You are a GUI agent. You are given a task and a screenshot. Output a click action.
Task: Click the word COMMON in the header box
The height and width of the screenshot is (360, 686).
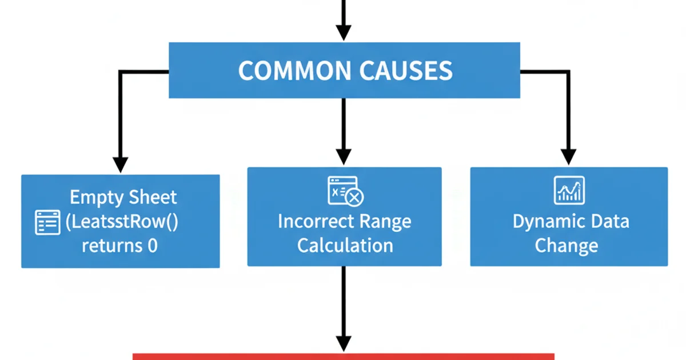[x=294, y=71]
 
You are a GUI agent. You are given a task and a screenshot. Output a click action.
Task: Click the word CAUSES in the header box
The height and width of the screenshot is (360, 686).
[x=406, y=71]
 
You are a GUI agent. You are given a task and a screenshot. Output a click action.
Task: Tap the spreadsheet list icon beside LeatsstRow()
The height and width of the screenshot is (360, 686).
[x=47, y=222]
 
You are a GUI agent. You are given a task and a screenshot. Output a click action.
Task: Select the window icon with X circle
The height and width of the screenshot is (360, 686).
[x=345, y=191]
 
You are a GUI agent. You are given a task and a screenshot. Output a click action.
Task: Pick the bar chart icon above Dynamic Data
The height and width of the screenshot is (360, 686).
[x=569, y=190]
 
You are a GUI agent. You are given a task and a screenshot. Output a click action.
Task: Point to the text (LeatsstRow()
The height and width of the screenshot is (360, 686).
[x=122, y=222]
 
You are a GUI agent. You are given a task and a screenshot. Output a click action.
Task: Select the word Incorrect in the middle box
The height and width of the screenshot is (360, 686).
[x=313, y=222]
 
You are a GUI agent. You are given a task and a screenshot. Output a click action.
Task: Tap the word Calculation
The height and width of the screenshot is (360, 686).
[x=345, y=246]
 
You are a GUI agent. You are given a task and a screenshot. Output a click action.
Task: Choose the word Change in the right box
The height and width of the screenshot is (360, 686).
[x=566, y=246]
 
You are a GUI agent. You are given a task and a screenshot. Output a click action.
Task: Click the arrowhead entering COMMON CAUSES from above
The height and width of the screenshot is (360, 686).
[x=343, y=33]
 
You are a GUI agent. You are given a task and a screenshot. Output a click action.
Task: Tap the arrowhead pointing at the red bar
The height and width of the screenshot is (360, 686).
[x=343, y=343]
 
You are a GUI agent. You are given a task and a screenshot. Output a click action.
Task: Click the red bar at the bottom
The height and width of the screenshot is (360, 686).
[x=343, y=357]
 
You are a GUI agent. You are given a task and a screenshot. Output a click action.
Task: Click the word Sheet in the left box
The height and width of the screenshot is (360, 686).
[x=153, y=198]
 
